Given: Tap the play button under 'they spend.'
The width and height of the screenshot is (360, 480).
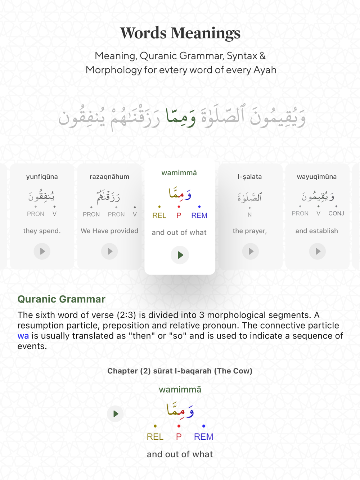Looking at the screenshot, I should [42, 251].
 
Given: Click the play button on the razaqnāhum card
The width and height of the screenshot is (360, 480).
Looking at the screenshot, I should [109, 251].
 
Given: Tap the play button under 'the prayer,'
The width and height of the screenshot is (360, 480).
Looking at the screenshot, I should [251, 251].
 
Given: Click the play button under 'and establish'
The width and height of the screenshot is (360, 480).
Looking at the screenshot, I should [318, 251].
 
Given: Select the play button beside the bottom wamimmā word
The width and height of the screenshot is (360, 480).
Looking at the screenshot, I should [115, 414].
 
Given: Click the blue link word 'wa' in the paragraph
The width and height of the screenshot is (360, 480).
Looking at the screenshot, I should [23, 336].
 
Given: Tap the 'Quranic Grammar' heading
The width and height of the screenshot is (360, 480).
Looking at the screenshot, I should [61, 299].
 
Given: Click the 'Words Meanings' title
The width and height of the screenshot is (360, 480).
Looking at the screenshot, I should [180, 33].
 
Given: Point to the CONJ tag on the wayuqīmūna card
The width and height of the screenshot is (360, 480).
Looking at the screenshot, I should [336, 213].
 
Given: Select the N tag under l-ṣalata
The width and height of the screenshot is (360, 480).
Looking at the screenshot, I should [249, 214].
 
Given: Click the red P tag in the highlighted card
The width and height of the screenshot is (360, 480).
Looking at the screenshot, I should [179, 215].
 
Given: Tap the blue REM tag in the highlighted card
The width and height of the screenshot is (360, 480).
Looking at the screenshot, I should [199, 215].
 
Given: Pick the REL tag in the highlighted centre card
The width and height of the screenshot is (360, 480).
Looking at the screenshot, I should [159, 215].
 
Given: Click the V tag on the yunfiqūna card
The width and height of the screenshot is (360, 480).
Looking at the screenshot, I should [54, 214].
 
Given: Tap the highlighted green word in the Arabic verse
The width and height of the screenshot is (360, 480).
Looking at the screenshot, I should [181, 117].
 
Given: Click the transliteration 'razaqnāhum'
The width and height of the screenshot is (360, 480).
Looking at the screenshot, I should [109, 177].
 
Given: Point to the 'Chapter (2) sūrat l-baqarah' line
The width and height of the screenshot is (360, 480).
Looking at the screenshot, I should [180, 371].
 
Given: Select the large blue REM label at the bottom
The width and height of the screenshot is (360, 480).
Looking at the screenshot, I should [203, 436].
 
